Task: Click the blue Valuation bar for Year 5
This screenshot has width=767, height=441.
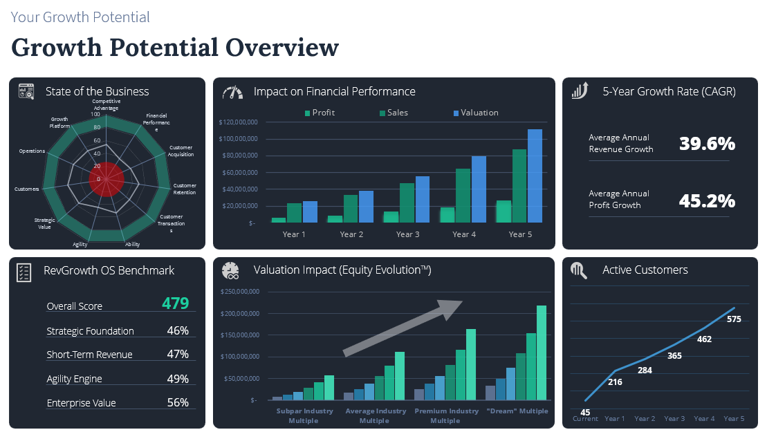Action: pyautogui.click(x=535, y=176)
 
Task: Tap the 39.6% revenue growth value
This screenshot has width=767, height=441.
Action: pyautogui.click(x=706, y=144)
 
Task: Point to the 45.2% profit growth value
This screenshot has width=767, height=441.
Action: pyautogui.click(x=706, y=200)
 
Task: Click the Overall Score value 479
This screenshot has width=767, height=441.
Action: pyautogui.click(x=175, y=303)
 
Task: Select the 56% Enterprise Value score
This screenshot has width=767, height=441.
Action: pyautogui.click(x=178, y=403)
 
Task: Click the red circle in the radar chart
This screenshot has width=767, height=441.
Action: pyautogui.click(x=107, y=180)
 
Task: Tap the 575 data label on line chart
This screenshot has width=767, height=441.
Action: pyautogui.click(x=734, y=319)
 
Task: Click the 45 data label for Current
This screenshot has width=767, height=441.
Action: pyautogui.click(x=585, y=413)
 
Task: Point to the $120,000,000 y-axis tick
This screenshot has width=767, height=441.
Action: pyautogui.click(x=238, y=122)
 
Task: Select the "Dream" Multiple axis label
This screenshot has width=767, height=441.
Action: pyautogui.click(x=517, y=411)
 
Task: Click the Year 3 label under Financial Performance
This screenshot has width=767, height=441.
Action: pyautogui.click(x=407, y=234)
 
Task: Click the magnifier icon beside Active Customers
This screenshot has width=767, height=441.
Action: pyautogui.click(x=579, y=270)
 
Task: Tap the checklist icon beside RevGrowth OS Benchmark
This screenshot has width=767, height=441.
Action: pyautogui.click(x=24, y=272)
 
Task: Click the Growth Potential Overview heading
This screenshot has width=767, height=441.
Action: pyautogui.click(x=175, y=47)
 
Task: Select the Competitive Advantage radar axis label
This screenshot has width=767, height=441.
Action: pyautogui.click(x=107, y=104)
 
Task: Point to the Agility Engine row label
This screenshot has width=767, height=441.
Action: pyautogui.click(x=74, y=379)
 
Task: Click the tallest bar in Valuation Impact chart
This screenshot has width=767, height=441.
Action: pyautogui.click(x=542, y=353)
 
